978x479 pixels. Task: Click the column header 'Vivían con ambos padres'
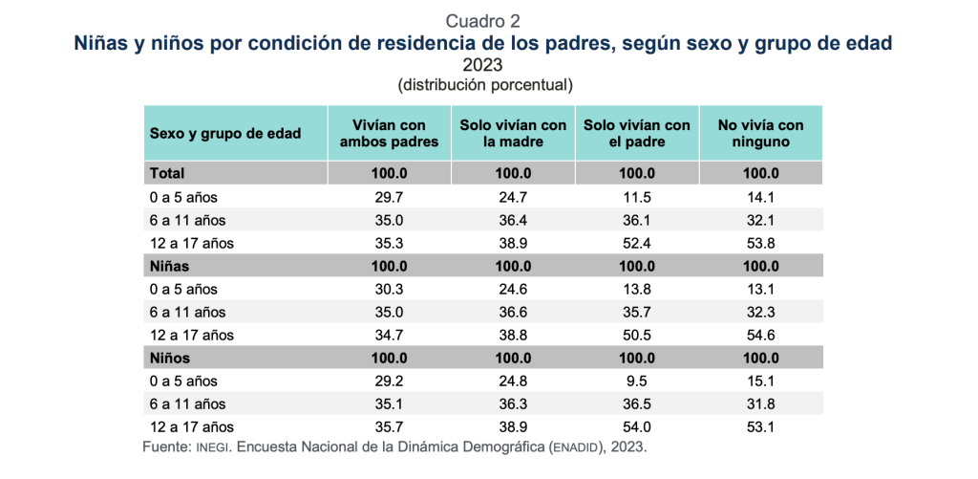389,133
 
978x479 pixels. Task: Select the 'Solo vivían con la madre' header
513,133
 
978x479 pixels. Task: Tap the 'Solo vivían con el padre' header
637,133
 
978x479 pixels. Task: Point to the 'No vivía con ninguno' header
760,133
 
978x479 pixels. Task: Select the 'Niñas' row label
170,266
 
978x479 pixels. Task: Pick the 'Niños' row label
170,358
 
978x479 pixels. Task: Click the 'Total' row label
167,174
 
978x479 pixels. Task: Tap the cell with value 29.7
389,197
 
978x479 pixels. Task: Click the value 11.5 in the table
637,197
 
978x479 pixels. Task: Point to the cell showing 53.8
760,243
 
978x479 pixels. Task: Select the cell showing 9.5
637,381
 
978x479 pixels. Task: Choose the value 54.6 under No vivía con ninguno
760,335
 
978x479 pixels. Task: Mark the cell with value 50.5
637,335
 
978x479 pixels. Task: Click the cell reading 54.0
637,426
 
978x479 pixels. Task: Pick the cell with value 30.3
389,289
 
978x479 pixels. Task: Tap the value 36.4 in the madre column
513,220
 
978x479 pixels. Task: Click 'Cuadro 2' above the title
484,20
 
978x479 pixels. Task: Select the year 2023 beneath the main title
484,65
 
